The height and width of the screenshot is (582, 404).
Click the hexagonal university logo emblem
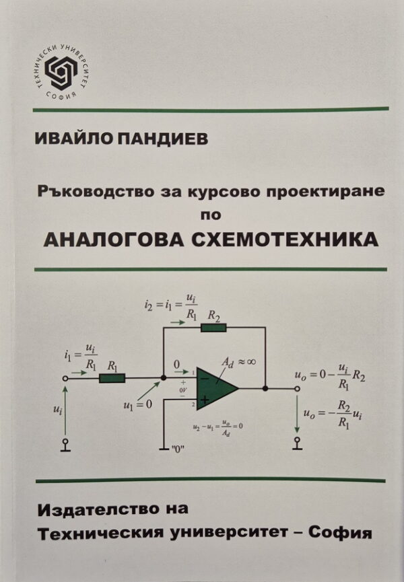(x=61, y=71)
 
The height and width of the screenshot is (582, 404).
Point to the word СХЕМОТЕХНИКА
(x=285, y=240)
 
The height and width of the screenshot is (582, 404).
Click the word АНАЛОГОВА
(x=114, y=240)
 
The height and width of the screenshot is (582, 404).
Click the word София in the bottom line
(x=341, y=533)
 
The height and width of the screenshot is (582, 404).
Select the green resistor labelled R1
(x=112, y=378)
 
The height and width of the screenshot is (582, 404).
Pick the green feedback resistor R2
(x=213, y=328)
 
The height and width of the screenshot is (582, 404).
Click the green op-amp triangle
(x=217, y=389)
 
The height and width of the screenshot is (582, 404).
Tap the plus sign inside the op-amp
(x=205, y=400)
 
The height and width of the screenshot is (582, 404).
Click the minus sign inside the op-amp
(x=205, y=378)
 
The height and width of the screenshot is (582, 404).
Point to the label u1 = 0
(x=138, y=404)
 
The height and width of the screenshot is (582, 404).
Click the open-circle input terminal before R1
(x=65, y=378)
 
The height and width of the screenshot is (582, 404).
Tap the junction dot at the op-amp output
(x=265, y=389)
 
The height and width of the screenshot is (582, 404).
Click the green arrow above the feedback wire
(x=178, y=322)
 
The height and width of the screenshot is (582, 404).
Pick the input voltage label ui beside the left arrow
(x=57, y=409)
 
